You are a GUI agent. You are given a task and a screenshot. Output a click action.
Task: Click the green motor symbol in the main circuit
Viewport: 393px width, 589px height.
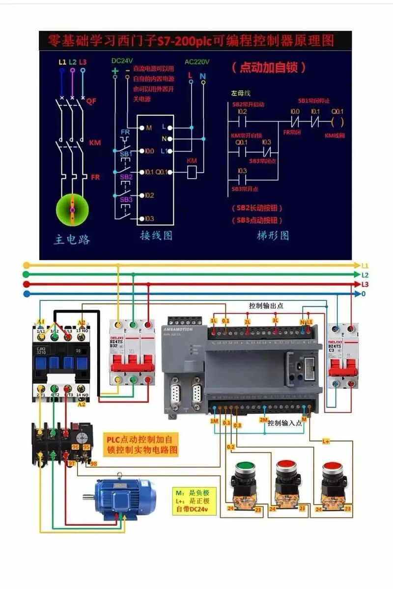point(72,210)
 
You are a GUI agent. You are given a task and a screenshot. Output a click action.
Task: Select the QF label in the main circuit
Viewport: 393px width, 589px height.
point(91,102)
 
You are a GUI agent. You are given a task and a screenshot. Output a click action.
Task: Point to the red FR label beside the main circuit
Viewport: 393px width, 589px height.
point(95,177)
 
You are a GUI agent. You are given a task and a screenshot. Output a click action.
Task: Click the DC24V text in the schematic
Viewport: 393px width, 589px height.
point(122,60)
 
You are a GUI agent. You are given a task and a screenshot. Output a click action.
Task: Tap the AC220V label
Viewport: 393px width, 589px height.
point(197,62)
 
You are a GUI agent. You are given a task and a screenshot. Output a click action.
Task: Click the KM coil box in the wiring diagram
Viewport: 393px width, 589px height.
point(192,172)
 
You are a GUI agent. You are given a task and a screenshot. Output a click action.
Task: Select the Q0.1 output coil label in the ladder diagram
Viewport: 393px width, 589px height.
point(337,111)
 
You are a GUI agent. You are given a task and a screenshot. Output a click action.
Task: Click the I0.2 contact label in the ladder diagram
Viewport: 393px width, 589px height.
point(241,111)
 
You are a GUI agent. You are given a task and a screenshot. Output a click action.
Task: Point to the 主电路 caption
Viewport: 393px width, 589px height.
point(72,240)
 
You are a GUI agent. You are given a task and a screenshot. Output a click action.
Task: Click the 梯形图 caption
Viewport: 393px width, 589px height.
point(273,236)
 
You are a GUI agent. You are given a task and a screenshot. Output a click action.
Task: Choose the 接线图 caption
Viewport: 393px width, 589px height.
point(156,236)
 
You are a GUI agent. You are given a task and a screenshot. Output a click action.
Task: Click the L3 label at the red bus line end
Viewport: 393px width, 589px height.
point(365,285)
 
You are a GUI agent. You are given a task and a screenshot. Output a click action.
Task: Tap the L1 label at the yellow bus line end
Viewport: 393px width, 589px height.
point(365,266)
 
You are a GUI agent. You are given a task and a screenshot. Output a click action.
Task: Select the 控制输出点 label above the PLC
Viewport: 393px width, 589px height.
point(266,306)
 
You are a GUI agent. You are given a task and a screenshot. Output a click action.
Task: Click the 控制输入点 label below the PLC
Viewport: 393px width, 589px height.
point(285,423)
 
